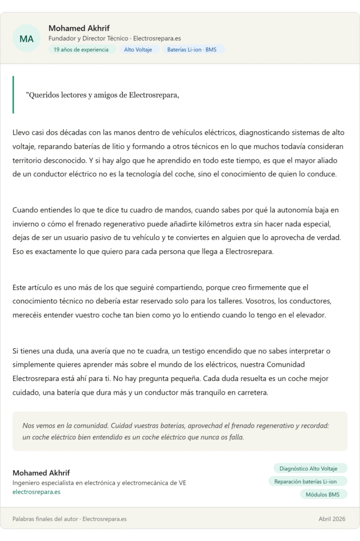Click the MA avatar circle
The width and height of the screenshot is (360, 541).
26,39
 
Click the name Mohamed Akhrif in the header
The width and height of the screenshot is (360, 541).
79,28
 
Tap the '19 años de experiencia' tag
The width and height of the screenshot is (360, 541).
82,50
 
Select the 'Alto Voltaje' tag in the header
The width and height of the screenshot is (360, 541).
138,50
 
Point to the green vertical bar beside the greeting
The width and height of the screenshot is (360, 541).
13,95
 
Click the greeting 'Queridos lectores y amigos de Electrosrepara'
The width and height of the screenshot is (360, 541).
104,95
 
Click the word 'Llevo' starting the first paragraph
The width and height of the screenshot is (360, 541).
22,132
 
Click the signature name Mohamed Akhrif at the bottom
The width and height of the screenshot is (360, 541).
41,473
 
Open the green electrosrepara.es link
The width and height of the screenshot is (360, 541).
36,492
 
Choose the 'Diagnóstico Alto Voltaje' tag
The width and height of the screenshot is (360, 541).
310,469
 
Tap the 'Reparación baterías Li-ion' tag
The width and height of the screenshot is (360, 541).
308,481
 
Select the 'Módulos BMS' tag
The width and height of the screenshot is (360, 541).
323,495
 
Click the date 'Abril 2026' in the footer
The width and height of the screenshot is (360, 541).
332,519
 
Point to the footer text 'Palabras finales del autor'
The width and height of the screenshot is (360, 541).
45,519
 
